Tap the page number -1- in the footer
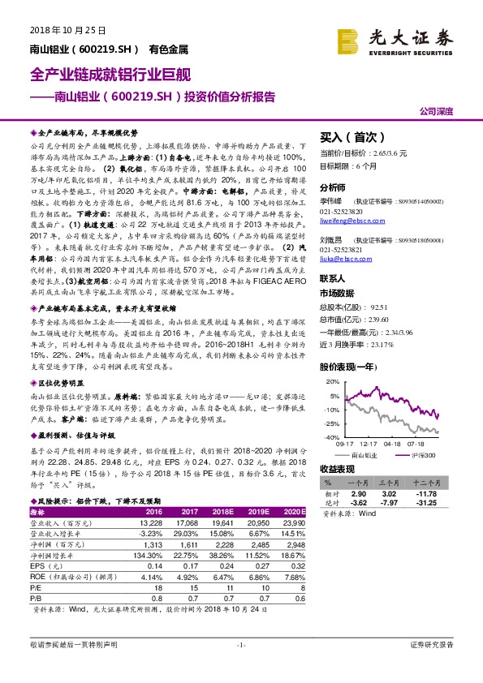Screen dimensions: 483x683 coord(241,668)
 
